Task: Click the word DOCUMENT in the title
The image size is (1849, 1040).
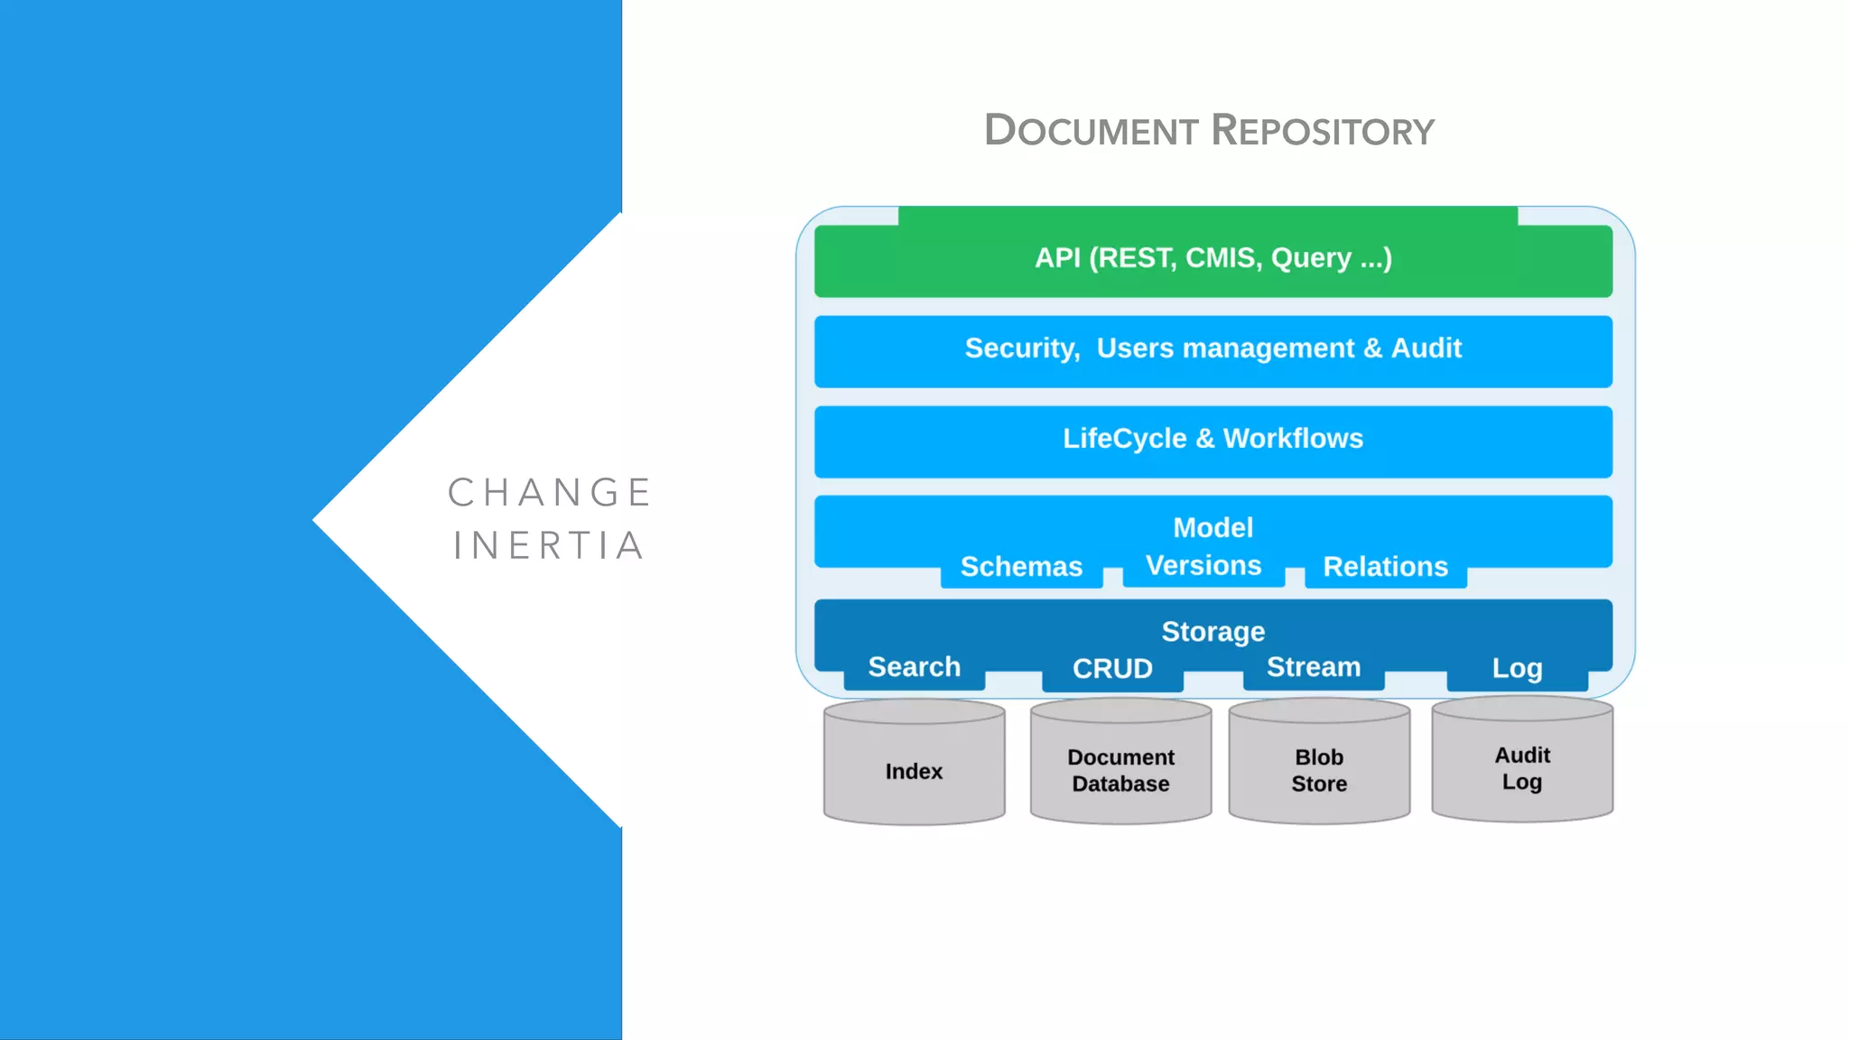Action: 1091,131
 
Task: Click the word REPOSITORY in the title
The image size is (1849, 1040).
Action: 1323,131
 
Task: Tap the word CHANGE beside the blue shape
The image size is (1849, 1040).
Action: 550,493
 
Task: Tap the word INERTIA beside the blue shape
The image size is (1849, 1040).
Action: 550,546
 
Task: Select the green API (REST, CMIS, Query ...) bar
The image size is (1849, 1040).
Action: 1213,258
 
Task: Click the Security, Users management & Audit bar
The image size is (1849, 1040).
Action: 1213,348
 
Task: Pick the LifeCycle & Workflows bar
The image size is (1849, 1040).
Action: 1213,439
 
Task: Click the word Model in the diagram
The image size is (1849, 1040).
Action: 1213,527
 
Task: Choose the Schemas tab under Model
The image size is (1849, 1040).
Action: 1021,567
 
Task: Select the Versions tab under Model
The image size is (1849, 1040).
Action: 1203,566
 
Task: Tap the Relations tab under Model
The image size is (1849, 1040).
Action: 1385,567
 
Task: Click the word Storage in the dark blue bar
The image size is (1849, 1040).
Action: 1213,631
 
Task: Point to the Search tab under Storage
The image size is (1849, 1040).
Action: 914,667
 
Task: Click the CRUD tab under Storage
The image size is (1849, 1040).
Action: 1112,669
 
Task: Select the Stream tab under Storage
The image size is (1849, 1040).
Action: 1314,667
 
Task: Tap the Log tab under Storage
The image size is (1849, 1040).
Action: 1517,669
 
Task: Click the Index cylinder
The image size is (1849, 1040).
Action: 914,770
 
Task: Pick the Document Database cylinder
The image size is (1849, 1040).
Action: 1120,769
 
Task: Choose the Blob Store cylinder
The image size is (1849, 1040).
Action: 1319,769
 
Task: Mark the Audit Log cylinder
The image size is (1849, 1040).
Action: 1522,767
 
